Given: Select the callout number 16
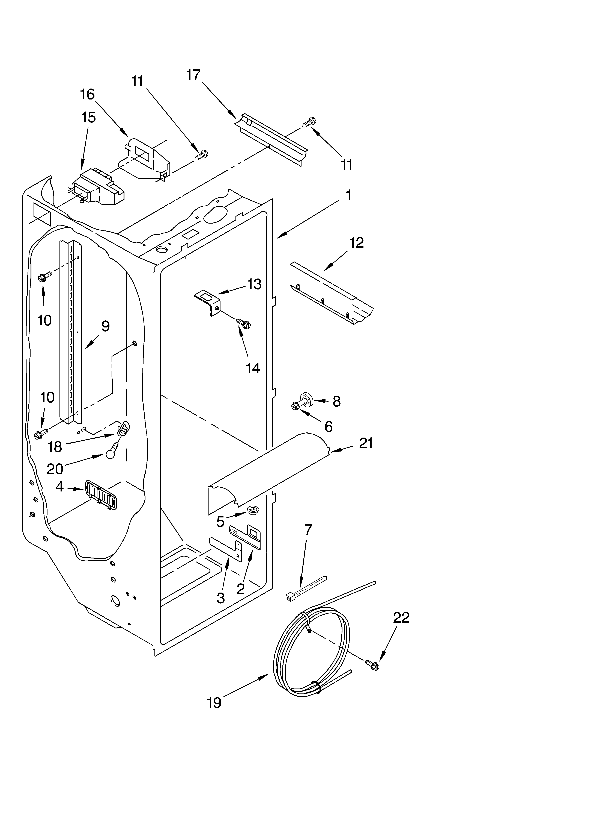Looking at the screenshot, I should pyautogui.click(x=87, y=94).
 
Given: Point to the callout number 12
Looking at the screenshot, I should pyautogui.click(x=356, y=243).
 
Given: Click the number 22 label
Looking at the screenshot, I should pyautogui.click(x=401, y=617).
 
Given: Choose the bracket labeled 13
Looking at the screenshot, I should pyautogui.click(x=208, y=302).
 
